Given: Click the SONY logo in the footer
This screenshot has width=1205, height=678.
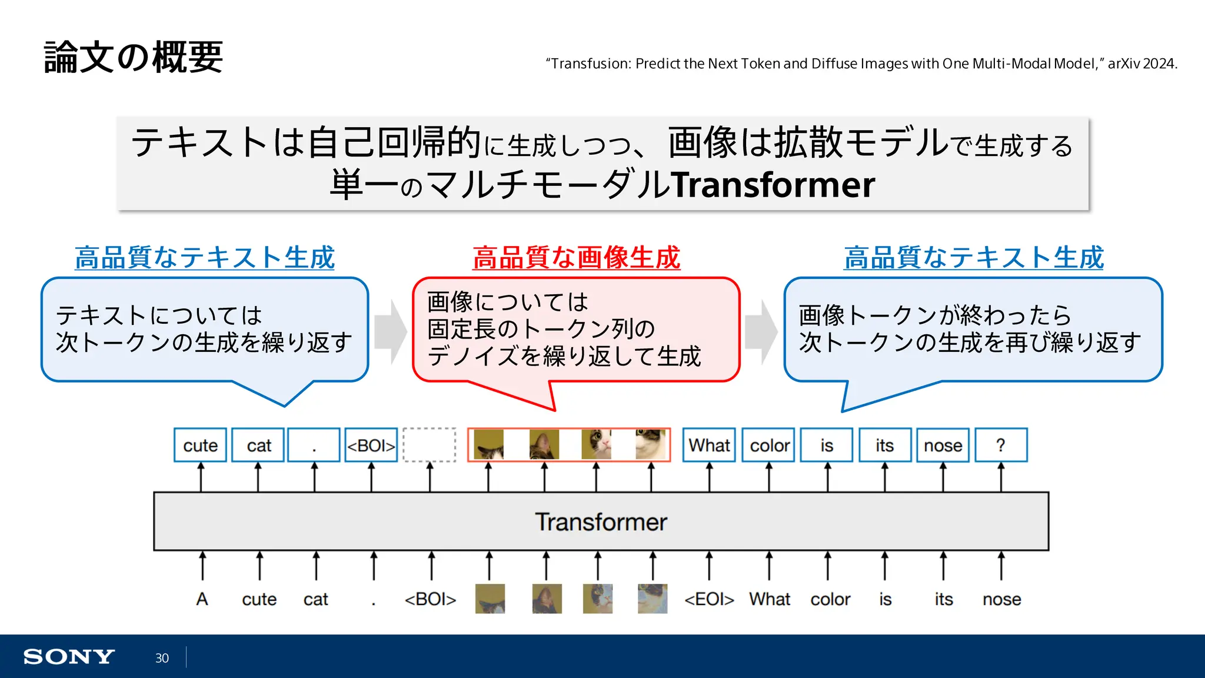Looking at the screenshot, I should tap(69, 657).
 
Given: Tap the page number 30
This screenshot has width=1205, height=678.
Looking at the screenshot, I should tap(162, 658).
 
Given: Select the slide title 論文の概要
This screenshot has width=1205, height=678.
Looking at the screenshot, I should tap(134, 57).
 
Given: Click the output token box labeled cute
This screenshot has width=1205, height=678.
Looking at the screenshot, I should tap(200, 446).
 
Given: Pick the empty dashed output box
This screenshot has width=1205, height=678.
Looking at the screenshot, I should tap(430, 445).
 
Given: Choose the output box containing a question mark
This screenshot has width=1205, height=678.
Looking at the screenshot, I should tap(1001, 446).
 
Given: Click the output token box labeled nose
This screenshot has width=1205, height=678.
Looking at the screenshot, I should tap(943, 446).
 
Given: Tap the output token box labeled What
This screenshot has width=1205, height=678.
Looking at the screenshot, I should tap(709, 446).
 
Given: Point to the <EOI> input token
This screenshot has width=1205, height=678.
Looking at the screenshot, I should tap(709, 599).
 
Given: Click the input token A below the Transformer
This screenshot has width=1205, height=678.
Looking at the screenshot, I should tap(202, 599).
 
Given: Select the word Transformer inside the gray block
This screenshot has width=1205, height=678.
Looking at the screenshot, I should tap(601, 522).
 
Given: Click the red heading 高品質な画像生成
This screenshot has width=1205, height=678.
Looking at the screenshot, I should tap(576, 258).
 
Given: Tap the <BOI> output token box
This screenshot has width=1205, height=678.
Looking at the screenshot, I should tap(371, 446).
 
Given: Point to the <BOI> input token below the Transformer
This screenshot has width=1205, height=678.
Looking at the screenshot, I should tap(430, 599).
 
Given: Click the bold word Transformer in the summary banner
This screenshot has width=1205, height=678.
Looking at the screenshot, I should tap(773, 185).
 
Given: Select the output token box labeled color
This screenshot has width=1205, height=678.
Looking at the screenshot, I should tap(769, 446).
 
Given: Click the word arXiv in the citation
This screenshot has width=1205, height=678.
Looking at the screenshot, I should tap(1123, 64).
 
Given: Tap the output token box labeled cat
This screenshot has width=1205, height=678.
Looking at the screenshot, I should tap(258, 446).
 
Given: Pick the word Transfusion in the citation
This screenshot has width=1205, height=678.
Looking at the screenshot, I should tap(590, 64).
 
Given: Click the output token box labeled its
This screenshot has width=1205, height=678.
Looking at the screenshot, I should tap(884, 446).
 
